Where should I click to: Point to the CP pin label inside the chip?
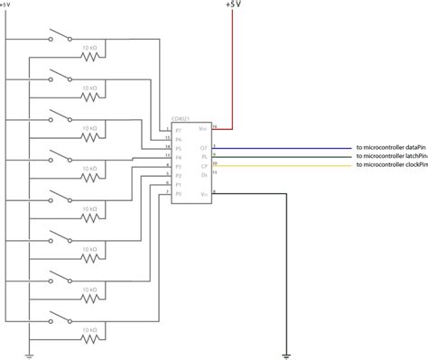pos(204,166)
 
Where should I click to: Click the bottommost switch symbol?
pos(60,318)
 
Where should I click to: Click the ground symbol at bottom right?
pos(286,354)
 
